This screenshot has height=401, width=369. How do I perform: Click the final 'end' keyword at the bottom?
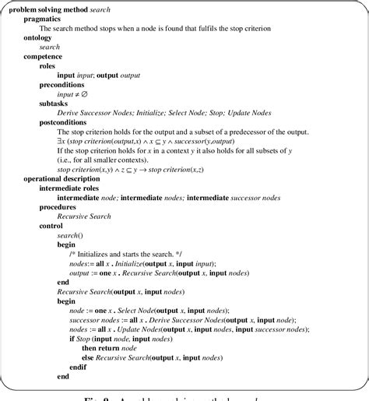63,377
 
